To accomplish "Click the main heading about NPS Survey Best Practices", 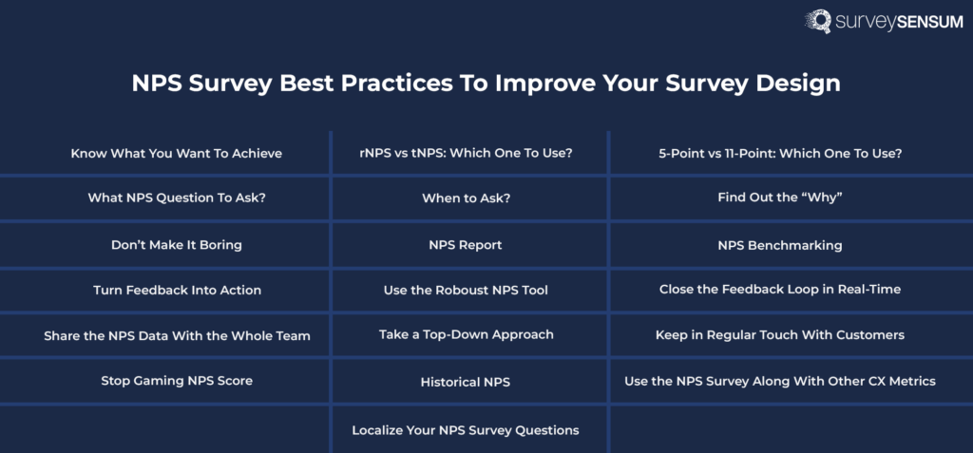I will click(x=486, y=83).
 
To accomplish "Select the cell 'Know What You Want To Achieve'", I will click(x=177, y=153).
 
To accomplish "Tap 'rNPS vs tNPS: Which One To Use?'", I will click(x=466, y=153).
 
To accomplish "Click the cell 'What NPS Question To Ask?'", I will click(x=177, y=198).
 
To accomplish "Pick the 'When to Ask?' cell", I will click(x=466, y=198).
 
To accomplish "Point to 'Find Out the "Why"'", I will click(x=780, y=198).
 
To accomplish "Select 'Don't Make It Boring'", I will click(x=177, y=245).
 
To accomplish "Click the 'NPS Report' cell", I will click(x=466, y=245).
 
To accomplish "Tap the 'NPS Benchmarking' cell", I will click(x=780, y=245).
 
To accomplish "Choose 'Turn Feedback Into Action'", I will click(x=177, y=290).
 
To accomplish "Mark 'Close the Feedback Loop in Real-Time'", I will click(x=780, y=290).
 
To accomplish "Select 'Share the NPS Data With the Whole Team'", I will click(x=177, y=335).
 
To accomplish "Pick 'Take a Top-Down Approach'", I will click(x=466, y=334).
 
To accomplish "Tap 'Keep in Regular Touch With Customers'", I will click(x=780, y=335).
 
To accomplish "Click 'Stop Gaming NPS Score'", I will click(x=177, y=381).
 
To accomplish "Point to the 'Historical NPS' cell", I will click(x=466, y=382).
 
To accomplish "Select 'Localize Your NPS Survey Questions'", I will click(x=466, y=430).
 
